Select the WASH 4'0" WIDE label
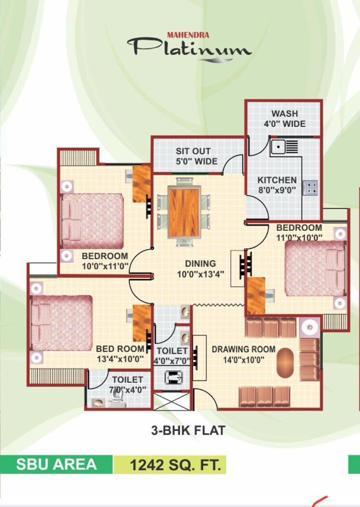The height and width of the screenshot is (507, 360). tap(284, 118)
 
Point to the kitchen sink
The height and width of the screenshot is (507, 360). tap(279, 146)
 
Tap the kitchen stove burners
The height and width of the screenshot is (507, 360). tap(309, 187)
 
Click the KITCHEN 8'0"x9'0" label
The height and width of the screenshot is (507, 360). tap(277, 185)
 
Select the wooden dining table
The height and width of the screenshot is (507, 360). tap(184, 212)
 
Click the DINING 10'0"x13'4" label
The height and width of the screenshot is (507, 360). tap(200, 269)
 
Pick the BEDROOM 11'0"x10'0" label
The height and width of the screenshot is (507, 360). tap(299, 232)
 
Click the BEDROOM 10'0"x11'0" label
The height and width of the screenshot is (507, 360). tap(104, 261)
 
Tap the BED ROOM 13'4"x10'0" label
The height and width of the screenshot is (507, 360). tap(120, 353)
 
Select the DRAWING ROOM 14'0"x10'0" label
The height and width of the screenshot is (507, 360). tap(244, 354)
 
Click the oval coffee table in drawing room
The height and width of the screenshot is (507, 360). tap(285, 362)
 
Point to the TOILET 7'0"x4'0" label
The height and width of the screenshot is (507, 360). tap(128, 384)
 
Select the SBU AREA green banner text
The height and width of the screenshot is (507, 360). tap(56, 464)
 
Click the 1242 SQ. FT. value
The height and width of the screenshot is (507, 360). tap(175, 466)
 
